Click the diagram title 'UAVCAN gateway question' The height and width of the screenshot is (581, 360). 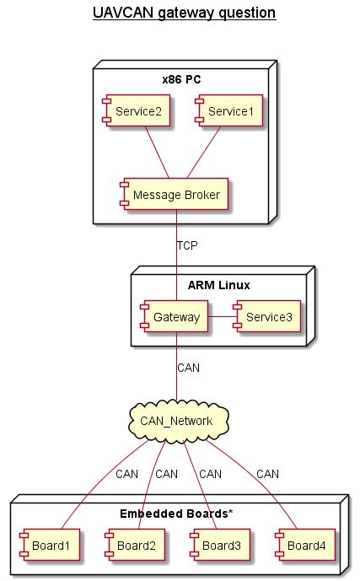(180, 13)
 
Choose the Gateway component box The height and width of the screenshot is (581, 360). (175, 317)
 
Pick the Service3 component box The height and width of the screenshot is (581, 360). (267, 317)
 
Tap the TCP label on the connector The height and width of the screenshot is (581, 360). (188, 246)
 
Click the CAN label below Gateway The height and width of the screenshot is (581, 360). (189, 368)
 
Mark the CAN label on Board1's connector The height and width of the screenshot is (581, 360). (126, 474)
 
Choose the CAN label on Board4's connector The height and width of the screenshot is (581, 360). (268, 474)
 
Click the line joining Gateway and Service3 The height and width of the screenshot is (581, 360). (221, 317)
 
